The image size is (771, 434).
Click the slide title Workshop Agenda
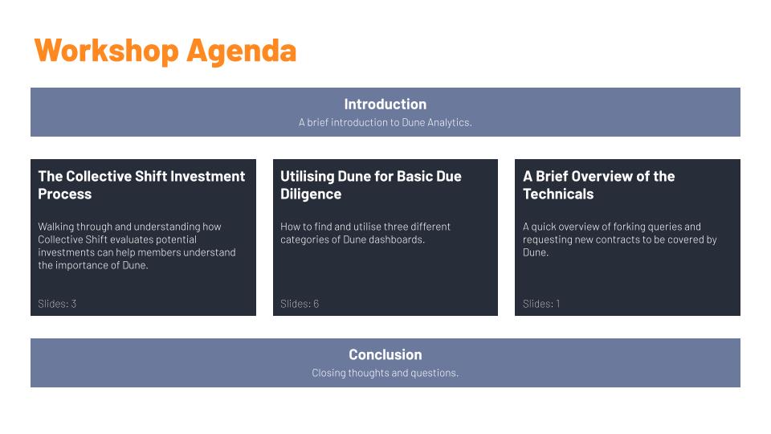pyautogui.click(x=165, y=50)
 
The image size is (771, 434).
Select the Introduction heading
pyautogui.click(x=385, y=104)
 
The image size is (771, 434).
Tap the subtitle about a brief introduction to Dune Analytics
pyautogui.click(x=385, y=123)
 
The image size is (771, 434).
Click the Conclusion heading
pyautogui.click(x=385, y=354)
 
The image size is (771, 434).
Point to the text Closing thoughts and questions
pyautogui.click(x=385, y=373)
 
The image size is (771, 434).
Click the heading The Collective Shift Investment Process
pyautogui.click(x=141, y=185)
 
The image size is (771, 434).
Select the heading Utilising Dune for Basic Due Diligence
pyautogui.click(x=370, y=185)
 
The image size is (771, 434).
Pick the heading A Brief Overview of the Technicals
pyautogui.click(x=598, y=185)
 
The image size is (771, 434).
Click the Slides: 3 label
pyautogui.click(x=57, y=304)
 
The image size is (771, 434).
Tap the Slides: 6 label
pyautogui.click(x=300, y=304)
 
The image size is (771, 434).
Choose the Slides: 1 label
pyautogui.click(x=541, y=304)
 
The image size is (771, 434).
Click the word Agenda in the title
pyautogui.click(x=241, y=50)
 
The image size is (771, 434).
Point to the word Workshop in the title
pyautogui.click(x=106, y=50)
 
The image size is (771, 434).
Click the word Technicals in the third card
pyautogui.click(x=558, y=194)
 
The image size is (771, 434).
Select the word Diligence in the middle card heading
pyautogui.click(x=311, y=194)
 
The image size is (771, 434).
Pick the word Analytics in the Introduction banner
pyautogui.click(x=448, y=123)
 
